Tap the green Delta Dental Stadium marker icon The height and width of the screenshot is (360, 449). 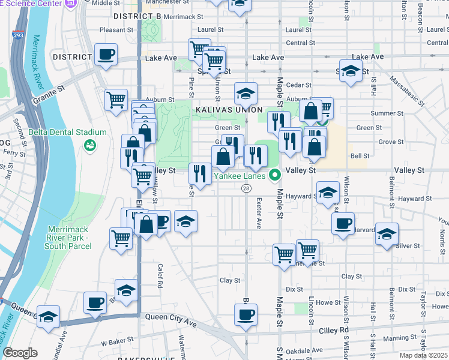coord(90,145)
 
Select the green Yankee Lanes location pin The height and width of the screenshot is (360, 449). coord(276,176)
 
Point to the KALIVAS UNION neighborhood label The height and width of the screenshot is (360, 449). coord(228,110)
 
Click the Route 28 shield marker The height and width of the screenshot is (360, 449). coord(246,188)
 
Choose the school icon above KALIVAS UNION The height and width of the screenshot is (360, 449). coord(246,94)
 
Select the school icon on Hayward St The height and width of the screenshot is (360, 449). coord(328,193)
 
